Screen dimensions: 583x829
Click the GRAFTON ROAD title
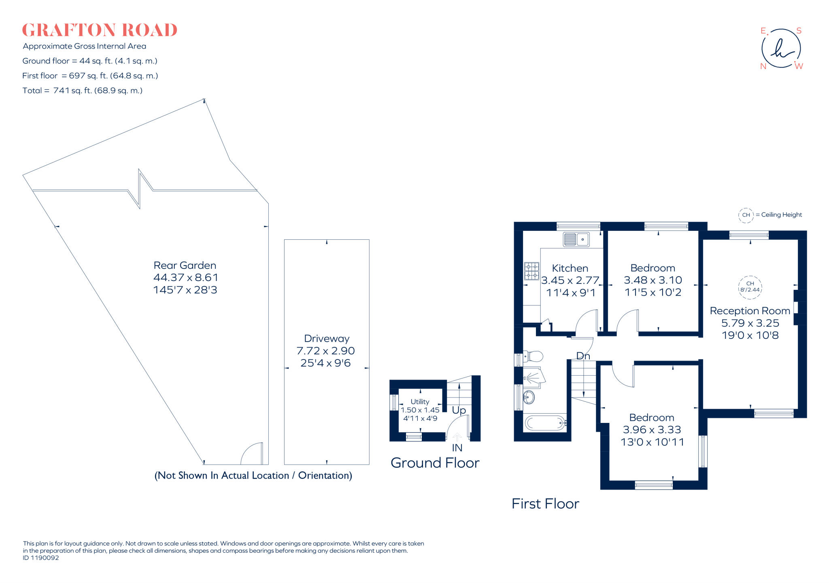[100, 30]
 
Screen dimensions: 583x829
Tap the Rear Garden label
[185, 266]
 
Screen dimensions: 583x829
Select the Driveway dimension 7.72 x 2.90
[325, 351]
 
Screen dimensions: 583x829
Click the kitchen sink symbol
[576, 239]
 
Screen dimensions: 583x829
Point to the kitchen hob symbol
[531, 271]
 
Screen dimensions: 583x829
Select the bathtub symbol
[545, 423]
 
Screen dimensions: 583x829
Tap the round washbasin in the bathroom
[529, 397]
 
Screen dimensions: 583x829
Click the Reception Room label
[750, 311]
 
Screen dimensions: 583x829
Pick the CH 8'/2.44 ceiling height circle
[750, 287]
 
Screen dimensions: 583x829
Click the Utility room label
[420, 401]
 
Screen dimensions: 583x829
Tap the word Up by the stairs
[459, 410]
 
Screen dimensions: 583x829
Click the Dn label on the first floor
[583, 356]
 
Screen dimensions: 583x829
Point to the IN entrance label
[457, 448]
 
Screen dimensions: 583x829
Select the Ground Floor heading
[435, 463]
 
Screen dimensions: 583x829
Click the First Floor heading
[545, 504]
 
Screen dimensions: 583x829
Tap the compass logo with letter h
[781, 49]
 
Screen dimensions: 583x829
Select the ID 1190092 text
[41, 558]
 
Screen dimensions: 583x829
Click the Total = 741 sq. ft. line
[83, 91]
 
